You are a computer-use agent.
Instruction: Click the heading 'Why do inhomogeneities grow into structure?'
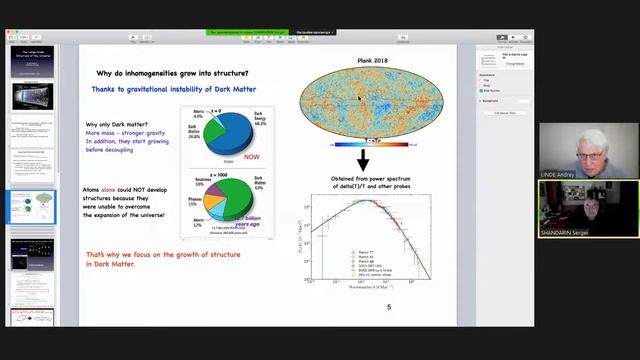tap(173, 73)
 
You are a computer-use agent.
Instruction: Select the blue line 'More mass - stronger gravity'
tap(129, 133)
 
